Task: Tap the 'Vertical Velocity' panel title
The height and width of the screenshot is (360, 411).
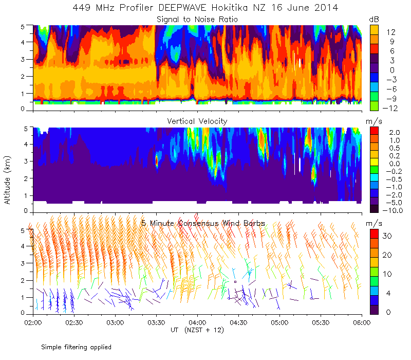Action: click(197, 121)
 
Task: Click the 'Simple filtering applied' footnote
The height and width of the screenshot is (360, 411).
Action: click(76, 347)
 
